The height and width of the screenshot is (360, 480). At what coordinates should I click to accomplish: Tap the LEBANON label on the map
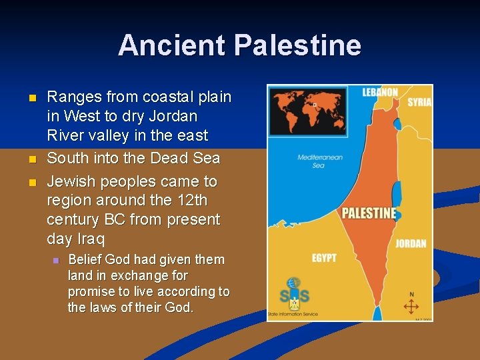point(380,93)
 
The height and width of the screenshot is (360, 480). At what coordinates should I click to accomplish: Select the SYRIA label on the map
point(419,102)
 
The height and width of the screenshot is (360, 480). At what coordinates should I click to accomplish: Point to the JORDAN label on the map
point(411,243)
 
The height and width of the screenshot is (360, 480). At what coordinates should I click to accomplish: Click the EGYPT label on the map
point(324,257)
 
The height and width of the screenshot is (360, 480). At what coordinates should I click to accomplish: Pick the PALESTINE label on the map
point(369,213)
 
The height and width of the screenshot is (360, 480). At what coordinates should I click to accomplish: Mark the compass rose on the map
point(411,305)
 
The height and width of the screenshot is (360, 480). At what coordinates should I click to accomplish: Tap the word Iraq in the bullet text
point(91,239)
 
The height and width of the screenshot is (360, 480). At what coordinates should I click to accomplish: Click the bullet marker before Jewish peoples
point(31,182)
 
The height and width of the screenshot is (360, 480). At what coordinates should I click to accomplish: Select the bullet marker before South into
point(31,159)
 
